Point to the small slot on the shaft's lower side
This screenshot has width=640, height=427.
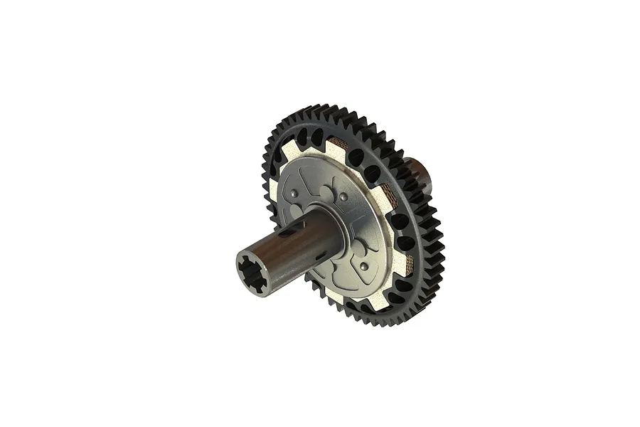tap(321, 255)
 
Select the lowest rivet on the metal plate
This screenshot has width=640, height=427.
tap(364, 265)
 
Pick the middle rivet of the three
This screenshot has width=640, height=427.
tap(344, 196)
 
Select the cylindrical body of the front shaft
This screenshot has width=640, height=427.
tap(284, 253)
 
